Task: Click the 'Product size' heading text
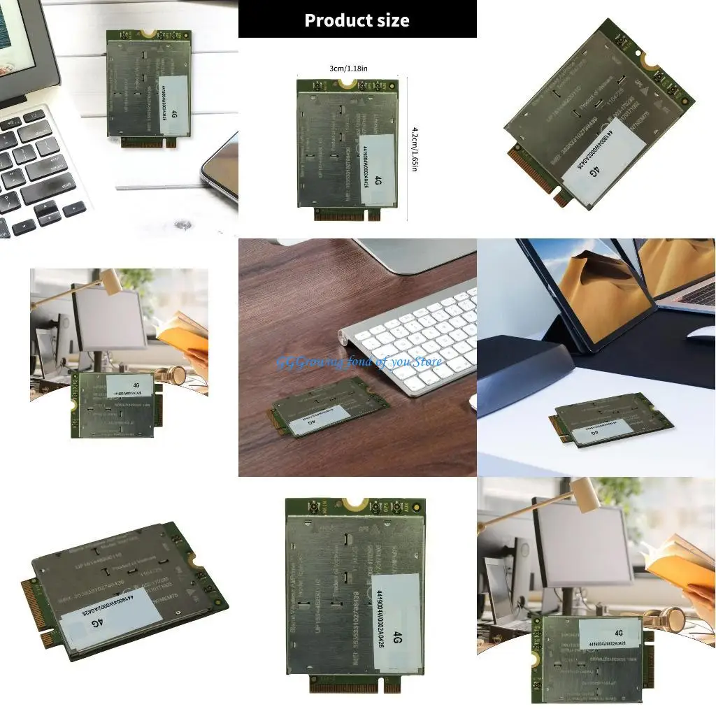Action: [357, 20]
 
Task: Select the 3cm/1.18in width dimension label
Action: [348, 68]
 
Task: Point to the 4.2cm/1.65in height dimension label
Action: [415, 150]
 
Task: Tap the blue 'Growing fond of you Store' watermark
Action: [359, 361]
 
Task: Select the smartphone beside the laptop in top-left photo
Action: [222, 168]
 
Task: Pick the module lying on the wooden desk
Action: [322, 406]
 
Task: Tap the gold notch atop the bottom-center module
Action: [355, 503]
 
